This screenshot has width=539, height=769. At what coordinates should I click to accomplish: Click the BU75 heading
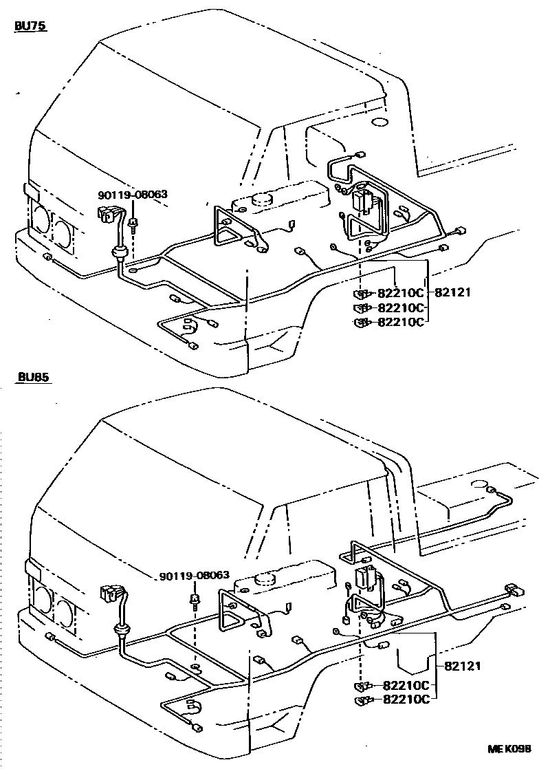tap(30, 28)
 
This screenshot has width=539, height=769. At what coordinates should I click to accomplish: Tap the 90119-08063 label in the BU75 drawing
tap(133, 195)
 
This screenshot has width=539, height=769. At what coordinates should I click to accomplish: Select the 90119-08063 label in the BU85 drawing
tap(195, 576)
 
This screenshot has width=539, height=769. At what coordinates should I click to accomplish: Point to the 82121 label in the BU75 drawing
tap(452, 292)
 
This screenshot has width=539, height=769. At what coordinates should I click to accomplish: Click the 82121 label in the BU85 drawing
tap(462, 665)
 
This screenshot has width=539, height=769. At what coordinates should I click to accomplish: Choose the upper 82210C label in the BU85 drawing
tap(406, 685)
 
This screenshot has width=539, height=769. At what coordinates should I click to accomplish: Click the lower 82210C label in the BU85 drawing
tap(406, 700)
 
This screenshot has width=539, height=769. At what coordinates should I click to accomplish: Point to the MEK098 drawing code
tap(509, 748)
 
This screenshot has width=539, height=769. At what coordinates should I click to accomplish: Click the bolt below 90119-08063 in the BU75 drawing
tap(133, 224)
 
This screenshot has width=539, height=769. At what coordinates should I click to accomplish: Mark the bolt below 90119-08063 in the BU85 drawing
tap(195, 600)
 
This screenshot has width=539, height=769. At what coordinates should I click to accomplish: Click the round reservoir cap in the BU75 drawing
tap(262, 199)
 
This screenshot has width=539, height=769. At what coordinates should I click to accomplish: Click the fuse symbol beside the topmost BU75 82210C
tap(362, 293)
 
